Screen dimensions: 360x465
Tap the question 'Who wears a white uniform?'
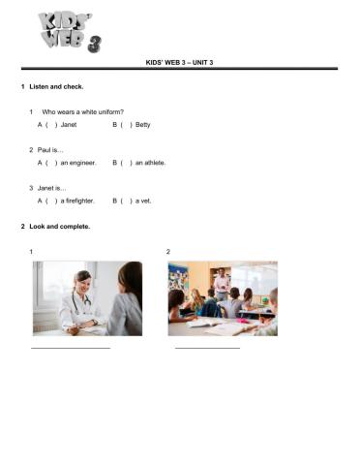click(82, 112)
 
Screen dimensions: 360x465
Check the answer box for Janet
click(51, 125)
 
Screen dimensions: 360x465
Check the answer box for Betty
click(126, 125)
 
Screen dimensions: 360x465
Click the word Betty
click(143, 125)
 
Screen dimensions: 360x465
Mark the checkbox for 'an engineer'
click(51, 163)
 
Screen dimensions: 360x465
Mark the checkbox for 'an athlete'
click(126, 163)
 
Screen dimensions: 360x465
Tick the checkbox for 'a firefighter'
click(51, 201)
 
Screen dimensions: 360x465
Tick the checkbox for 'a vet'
click(126, 201)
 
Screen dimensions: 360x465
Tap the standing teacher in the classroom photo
click(223, 284)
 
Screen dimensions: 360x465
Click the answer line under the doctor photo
click(71, 347)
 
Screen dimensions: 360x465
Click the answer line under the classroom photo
click(207, 347)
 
